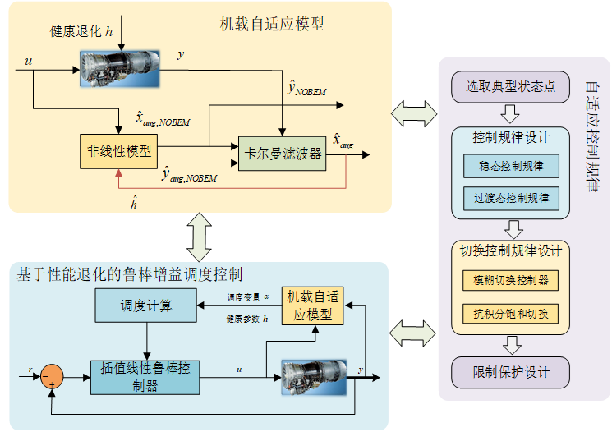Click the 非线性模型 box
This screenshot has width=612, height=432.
tap(118, 152)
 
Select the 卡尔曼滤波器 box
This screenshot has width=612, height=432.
tap(283, 154)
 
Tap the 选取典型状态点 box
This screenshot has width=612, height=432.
tap(510, 86)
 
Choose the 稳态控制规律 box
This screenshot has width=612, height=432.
tap(511, 166)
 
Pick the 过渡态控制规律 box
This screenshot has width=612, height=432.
tap(511, 198)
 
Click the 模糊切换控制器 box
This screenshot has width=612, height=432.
tap(511, 280)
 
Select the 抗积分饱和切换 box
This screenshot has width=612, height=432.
tap(511, 313)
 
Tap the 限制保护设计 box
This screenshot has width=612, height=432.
tap(510, 372)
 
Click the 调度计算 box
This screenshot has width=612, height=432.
tap(145, 306)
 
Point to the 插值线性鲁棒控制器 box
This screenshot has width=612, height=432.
tap(145, 377)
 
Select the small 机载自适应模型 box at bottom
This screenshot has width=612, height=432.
tap(312, 306)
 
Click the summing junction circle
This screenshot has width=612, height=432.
tap(53, 375)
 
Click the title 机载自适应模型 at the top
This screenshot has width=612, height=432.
tap(272, 24)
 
